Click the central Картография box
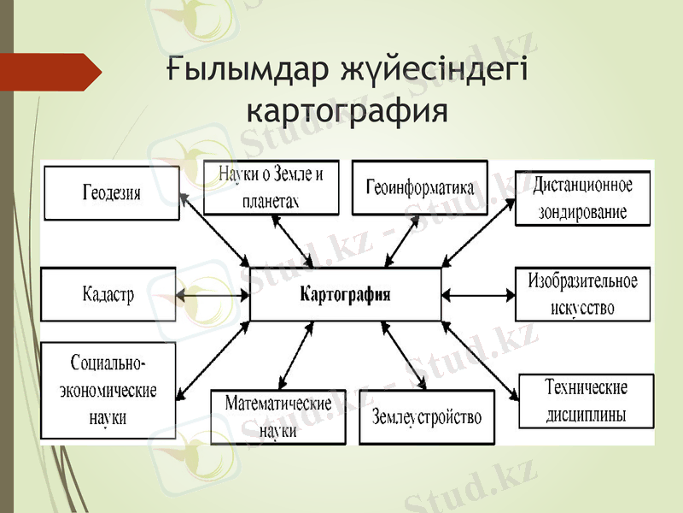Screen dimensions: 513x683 pos(346,295)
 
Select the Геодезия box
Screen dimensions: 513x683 pos(112,193)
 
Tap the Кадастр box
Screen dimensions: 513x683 pos(108,294)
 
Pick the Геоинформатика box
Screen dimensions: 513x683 pos(419,186)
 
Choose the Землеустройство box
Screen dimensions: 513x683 pos(426,417)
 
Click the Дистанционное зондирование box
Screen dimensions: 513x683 pos(582,198)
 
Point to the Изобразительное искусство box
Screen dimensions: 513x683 pos(582,294)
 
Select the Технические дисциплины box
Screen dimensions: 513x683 pos(586,401)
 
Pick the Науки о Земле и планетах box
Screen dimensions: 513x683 pos(271,187)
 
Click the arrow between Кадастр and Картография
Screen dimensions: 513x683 pos(213,295)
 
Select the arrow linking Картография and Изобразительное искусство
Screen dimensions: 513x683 pos(478,295)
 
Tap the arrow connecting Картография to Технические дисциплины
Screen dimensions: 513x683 pos(479,359)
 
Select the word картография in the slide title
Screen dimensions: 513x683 pos(346,110)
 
